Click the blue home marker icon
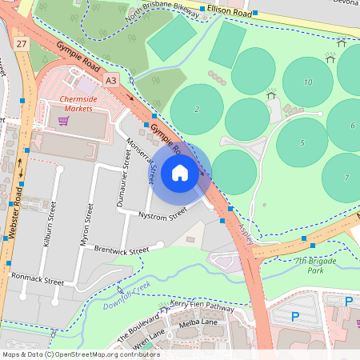(180, 173)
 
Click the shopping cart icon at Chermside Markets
(63, 121)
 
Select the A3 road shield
(110, 79)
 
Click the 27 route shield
(21, 43)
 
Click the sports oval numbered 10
(308, 82)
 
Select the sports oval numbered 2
(197, 109)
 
